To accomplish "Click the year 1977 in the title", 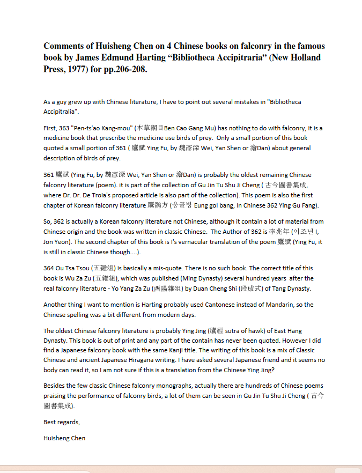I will pyautogui.click(x=74, y=69).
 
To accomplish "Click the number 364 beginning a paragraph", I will pyautogui.click(x=49, y=268).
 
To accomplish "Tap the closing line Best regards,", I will pyautogui.click(x=61, y=422).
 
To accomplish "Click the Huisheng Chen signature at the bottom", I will pyautogui.click(x=64, y=438).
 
